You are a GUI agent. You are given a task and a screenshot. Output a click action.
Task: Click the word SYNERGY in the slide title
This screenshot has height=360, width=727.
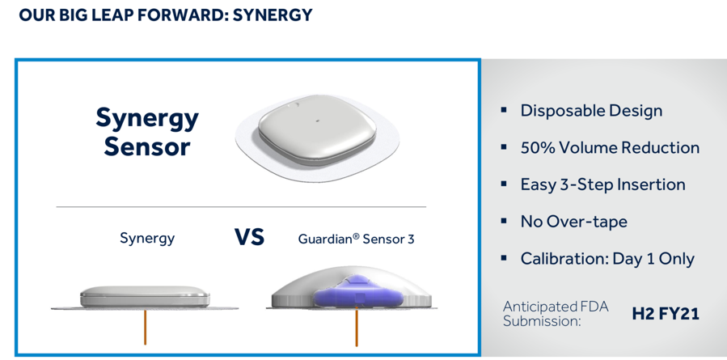(273, 15)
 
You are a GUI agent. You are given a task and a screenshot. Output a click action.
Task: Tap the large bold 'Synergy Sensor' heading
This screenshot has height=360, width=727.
(147, 132)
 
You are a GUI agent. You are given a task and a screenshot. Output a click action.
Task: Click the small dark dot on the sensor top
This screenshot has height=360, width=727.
(318, 121)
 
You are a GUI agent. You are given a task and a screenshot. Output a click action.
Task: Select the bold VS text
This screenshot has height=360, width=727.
(249, 237)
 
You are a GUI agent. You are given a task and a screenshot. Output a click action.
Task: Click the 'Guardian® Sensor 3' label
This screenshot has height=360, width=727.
(356, 239)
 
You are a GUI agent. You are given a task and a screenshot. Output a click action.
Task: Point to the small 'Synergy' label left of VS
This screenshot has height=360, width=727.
(147, 239)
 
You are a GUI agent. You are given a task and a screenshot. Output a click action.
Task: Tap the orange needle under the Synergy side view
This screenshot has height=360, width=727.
(145, 327)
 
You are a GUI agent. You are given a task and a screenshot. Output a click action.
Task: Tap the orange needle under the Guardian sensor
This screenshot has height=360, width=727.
(356, 327)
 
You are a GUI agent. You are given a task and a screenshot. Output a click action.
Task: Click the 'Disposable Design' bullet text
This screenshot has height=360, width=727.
(591, 111)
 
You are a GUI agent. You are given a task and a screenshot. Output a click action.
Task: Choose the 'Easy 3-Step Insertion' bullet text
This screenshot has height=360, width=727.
(602, 184)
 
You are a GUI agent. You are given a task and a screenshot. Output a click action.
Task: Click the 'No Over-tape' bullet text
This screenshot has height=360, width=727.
(574, 222)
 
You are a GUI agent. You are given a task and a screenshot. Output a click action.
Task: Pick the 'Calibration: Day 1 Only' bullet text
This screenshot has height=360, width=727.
(607, 258)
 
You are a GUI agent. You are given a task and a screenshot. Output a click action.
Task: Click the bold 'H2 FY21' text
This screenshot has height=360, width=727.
(666, 314)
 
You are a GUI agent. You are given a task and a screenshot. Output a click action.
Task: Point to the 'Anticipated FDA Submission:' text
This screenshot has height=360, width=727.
(556, 314)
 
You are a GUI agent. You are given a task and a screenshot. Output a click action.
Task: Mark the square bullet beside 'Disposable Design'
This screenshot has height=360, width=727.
(504, 110)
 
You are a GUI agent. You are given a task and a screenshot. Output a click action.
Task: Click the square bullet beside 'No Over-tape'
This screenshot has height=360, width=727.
(504, 221)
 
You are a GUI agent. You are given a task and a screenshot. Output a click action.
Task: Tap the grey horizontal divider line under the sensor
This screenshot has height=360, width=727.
(241, 206)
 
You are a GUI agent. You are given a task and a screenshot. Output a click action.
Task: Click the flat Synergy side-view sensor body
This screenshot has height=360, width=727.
(145, 296)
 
